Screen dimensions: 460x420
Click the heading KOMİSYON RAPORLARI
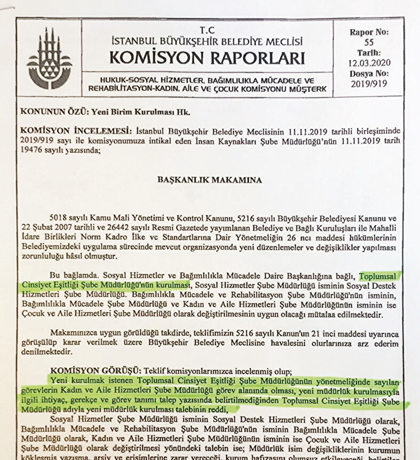pos(207,58)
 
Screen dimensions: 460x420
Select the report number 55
pos(369,42)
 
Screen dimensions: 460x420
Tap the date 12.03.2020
pos(369,63)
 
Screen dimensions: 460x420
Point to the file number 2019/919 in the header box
pos(369,84)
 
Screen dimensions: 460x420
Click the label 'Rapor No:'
pos(369,32)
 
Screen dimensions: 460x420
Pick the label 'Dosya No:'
pos(369,73)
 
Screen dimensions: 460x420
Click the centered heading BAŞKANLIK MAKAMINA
pos(210,180)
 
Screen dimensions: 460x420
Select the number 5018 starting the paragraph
pos(58,219)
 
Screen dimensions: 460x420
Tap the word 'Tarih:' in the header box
pos(369,53)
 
